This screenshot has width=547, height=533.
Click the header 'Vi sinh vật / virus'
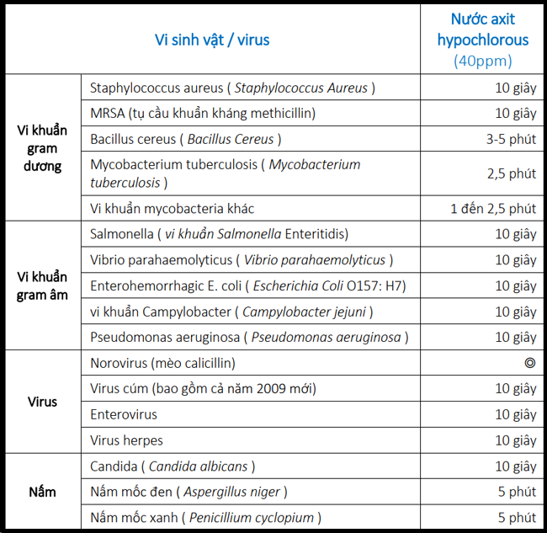click(x=212, y=40)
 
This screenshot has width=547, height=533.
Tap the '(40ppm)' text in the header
click(x=482, y=61)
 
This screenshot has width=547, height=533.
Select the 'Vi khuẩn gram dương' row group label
click(x=42, y=148)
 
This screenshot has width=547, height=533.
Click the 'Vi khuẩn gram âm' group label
click(x=42, y=285)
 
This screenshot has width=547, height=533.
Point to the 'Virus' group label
click(x=42, y=402)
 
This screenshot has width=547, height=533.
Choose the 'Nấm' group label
click(x=42, y=492)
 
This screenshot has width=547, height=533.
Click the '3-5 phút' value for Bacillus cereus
click(x=511, y=139)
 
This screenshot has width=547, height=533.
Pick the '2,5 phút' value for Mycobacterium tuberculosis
click(x=511, y=173)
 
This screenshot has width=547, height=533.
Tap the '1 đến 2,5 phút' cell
click(x=493, y=208)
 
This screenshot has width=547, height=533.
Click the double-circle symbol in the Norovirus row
click(x=529, y=363)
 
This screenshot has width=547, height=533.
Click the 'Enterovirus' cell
click(x=124, y=414)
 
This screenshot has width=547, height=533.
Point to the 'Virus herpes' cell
click(x=126, y=440)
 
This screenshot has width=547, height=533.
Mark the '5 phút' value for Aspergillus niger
click(x=517, y=492)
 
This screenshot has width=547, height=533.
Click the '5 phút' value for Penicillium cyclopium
click(x=517, y=518)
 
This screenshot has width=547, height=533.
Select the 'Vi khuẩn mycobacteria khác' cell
click(x=172, y=208)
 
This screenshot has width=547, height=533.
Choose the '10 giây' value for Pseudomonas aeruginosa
click(x=515, y=337)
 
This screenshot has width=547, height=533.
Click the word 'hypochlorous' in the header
click(x=482, y=40)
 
